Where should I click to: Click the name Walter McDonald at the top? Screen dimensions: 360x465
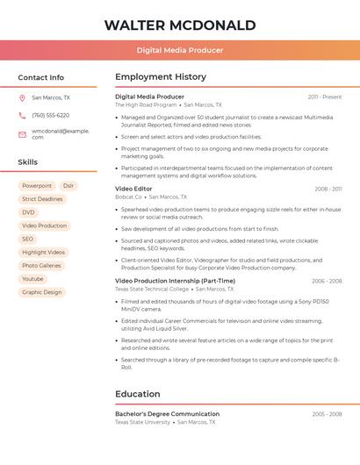[180, 25]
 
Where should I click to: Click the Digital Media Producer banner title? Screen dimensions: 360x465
[180, 50]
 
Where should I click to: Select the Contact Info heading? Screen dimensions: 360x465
[41, 77]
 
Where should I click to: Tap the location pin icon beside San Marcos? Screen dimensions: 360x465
[22, 98]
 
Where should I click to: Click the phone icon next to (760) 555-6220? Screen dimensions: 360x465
[22, 116]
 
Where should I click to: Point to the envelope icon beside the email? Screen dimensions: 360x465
[22, 133]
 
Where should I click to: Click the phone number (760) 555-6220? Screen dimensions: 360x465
[50, 116]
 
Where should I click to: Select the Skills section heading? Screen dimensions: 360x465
[28, 162]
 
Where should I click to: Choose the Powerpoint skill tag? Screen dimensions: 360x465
[37, 186]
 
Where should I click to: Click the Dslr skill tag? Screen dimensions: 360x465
[68, 186]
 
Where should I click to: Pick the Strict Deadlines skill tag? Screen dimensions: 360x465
[42, 199]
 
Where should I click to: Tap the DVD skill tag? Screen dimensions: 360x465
[29, 212]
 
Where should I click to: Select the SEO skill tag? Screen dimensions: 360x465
[28, 239]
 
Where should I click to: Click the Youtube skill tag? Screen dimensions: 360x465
[32, 279]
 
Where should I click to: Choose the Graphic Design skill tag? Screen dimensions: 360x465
[42, 292]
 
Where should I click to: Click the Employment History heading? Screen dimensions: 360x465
[161, 77]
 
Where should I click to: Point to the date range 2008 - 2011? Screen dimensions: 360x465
[328, 189]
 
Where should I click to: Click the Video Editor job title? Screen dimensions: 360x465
[133, 189]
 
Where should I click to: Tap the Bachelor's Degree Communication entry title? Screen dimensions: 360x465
[167, 414]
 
